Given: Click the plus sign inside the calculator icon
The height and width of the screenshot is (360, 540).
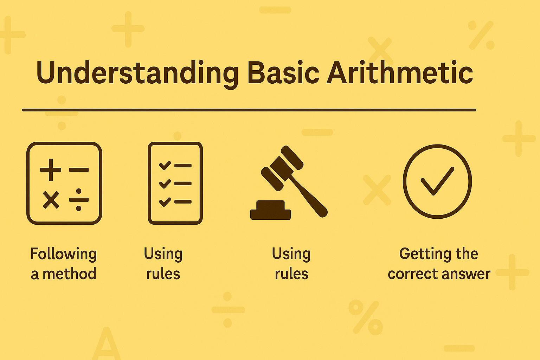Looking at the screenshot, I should click(51, 170).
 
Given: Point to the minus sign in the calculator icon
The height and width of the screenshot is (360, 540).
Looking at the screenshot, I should click(79, 170).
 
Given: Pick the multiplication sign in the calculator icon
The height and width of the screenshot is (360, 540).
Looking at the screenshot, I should click(51, 200).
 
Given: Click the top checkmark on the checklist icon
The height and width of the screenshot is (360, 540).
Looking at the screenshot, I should click(165, 165).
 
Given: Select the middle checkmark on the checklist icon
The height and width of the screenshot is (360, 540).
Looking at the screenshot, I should click(165, 183).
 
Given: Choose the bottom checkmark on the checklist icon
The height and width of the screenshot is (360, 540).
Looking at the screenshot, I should click(165, 202).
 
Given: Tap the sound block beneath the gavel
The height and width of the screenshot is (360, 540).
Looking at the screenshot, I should click(270, 211).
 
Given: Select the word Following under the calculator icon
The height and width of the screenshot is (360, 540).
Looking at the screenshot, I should click(63, 254).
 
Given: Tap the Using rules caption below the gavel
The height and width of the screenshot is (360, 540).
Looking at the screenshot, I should click(291, 264).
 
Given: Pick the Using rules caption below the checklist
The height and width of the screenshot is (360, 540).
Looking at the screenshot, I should click(163, 264).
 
